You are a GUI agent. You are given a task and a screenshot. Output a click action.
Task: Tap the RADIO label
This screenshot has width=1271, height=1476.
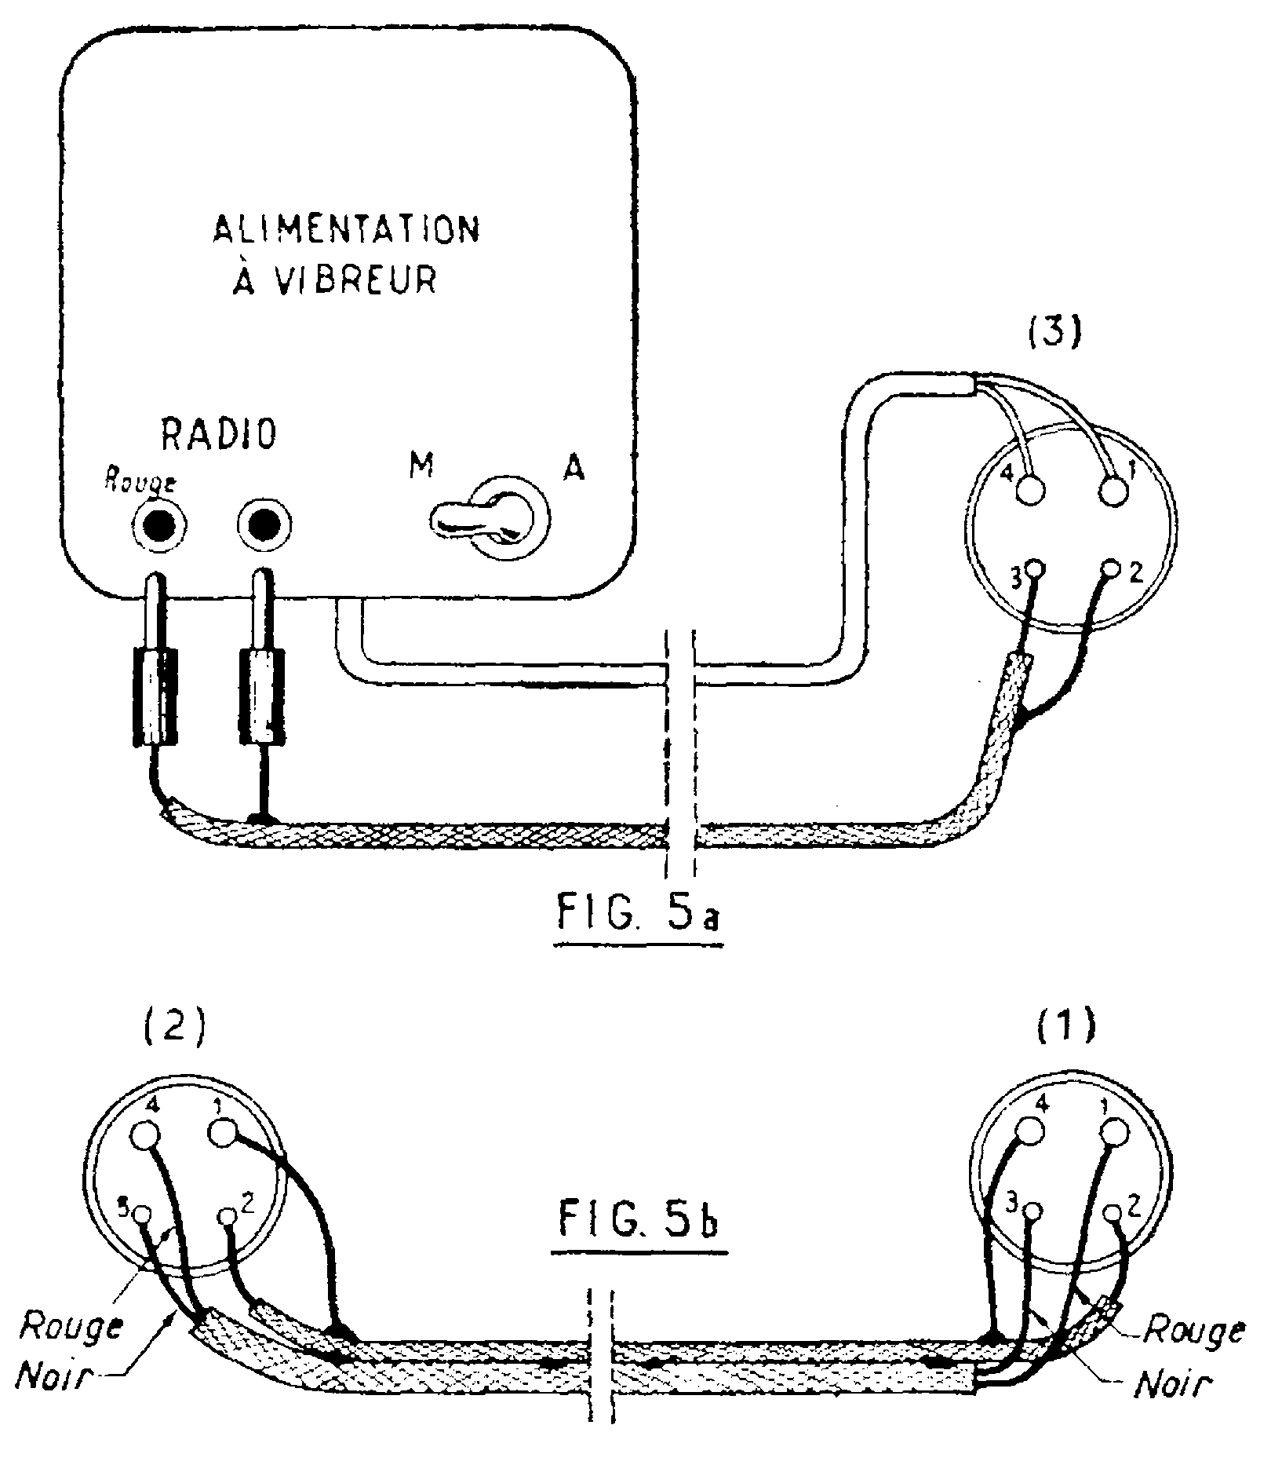coord(219,433)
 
